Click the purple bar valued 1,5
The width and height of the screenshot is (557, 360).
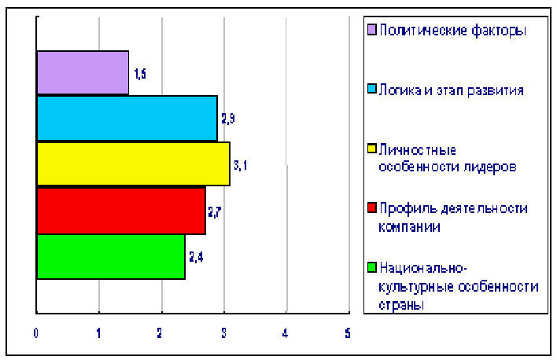(x=83, y=73)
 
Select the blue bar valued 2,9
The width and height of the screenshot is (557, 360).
(x=127, y=118)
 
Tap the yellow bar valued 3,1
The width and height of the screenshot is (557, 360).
(x=134, y=163)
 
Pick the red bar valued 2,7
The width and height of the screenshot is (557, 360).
(x=121, y=211)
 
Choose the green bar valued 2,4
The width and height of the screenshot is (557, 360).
(x=111, y=257)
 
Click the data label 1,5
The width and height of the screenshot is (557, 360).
(x=140, y=74)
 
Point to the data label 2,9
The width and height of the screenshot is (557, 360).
(x=228, y=119)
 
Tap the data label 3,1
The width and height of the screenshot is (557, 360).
(x=240, y=165)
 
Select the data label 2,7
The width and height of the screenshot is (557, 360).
(x=215, y=212)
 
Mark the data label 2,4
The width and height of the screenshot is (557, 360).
(x=196, y=257)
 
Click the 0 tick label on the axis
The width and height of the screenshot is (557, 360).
(x=36, y=333)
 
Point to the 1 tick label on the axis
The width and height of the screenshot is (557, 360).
(x=98, y=333)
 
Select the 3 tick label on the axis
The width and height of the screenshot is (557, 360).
(x=223, y=333)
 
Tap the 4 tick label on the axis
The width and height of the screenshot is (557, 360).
(x=286, y=333)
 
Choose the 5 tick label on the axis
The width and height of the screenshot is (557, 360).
(x=348, y=333)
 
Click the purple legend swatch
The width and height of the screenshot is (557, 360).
(x=371, y=29)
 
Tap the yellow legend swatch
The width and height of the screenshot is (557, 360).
(x=371, y=149)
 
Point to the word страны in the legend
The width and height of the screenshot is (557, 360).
(x=401, y=305)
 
